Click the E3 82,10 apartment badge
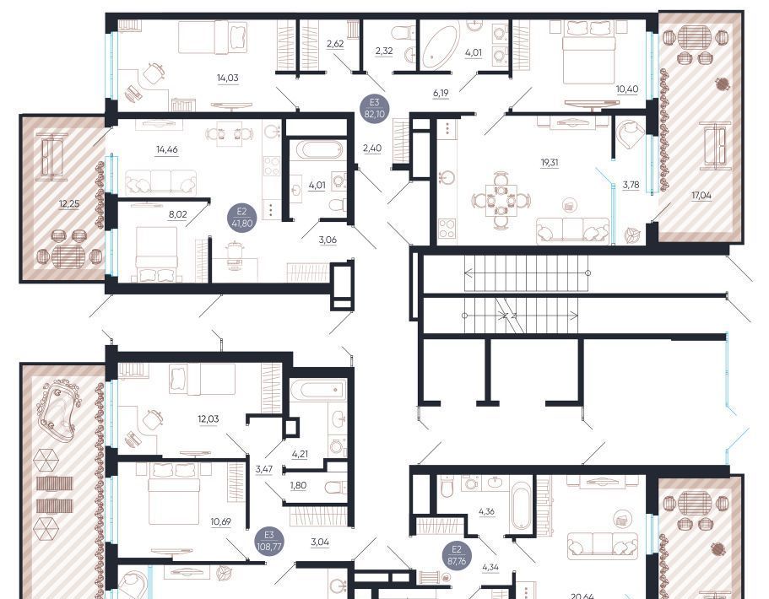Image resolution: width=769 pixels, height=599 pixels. pos(374,108)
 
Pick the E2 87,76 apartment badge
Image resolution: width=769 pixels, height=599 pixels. pos(457,555)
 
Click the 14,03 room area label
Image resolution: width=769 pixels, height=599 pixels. pos(228,78)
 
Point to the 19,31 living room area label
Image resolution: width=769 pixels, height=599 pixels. pos(550,162)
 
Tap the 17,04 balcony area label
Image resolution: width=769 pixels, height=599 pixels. pos(701,195)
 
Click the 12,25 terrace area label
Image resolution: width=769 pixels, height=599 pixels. pos(69,203)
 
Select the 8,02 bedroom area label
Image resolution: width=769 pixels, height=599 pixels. pos(177,214)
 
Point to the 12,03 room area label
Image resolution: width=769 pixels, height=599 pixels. pos(208,418)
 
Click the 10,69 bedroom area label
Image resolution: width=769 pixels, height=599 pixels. pos(220,521)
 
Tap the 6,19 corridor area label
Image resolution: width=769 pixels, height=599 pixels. pos(441,92)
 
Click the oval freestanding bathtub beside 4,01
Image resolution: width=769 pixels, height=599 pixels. pos(440,46)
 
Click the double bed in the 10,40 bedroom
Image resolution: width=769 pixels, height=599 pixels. pos(588,51)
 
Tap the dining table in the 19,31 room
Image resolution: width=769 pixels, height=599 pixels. pos(501,201)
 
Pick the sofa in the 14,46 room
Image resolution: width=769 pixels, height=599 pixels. pos(161,182)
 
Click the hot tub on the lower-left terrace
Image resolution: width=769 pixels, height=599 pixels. pos(59,407)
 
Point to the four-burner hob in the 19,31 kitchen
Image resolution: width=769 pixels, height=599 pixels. pos(447,228)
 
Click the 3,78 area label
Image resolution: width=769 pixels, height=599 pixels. pos(631,185)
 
